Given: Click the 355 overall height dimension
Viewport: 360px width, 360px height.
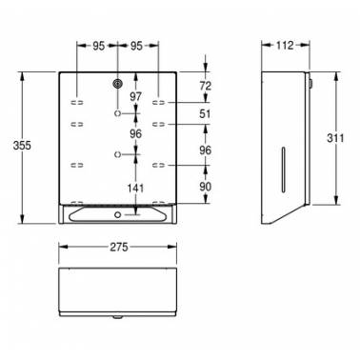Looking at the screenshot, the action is click(22, 146).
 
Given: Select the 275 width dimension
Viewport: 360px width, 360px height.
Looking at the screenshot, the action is click(119, 247).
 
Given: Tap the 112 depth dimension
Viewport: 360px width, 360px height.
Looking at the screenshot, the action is click(285, 46).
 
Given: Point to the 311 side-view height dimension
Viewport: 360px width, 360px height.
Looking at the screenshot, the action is click(335, 138).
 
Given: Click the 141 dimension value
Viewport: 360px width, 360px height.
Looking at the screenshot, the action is click(136, 189).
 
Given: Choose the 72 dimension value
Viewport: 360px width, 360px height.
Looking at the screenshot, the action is click(206, 86).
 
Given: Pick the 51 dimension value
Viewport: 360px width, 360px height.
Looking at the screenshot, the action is click(205, 113).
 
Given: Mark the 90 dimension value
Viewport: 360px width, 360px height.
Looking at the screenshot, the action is click(206, 187).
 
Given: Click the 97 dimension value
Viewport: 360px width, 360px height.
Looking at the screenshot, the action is click(136, 96).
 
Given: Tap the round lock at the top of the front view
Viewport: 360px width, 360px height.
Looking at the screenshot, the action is click(118, 84).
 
